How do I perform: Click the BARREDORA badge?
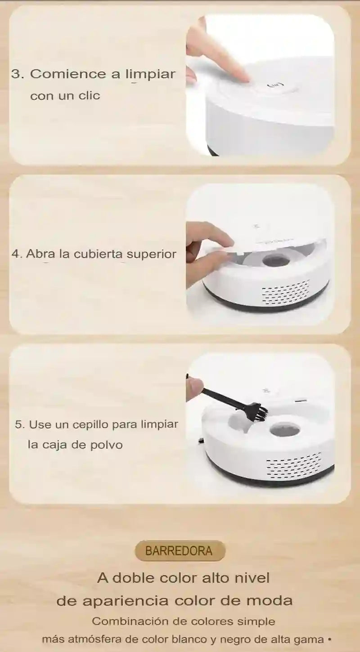[x=180, y=551]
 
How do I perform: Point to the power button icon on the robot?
[x=275, y=85]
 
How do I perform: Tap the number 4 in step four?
[x=16, y=254]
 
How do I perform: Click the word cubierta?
[x=98, y=254]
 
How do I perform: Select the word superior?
[x=151, y=254]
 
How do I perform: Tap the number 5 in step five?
[x=19, y=424]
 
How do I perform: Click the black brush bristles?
[x=258, y=411]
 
